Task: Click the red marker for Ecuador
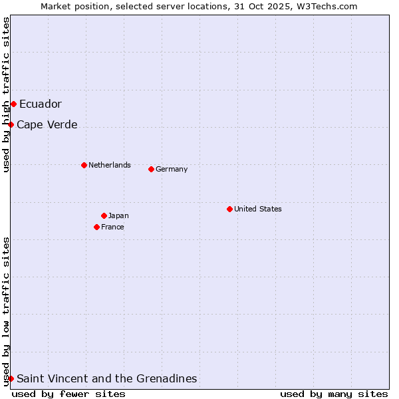[x=13, y=104]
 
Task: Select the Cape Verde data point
[x=11, y=124]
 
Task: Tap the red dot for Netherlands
[x=84, y=165]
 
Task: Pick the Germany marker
[x=151, y=169]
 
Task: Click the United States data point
[x=229, y=209]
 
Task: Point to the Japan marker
[x=104, y=215]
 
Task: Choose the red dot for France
[x=96, y=227]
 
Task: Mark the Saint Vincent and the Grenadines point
[x=11, y=378]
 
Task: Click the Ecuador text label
[x=40, y=104]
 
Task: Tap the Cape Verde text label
[x=47, y=124]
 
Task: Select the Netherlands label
[x=109, y=165]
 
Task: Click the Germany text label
[x=172, y=169]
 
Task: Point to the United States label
[x=257, y=209]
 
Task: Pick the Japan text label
[x=118, y=215]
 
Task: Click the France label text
[x=112, y=227]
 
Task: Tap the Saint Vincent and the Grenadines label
[x=106, y=378]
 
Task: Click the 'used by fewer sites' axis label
[x=68, y=394]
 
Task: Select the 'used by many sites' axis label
[x=334, y=394]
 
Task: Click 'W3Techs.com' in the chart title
[x=329, y=6]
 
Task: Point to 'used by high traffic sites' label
[x=6, y=94]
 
